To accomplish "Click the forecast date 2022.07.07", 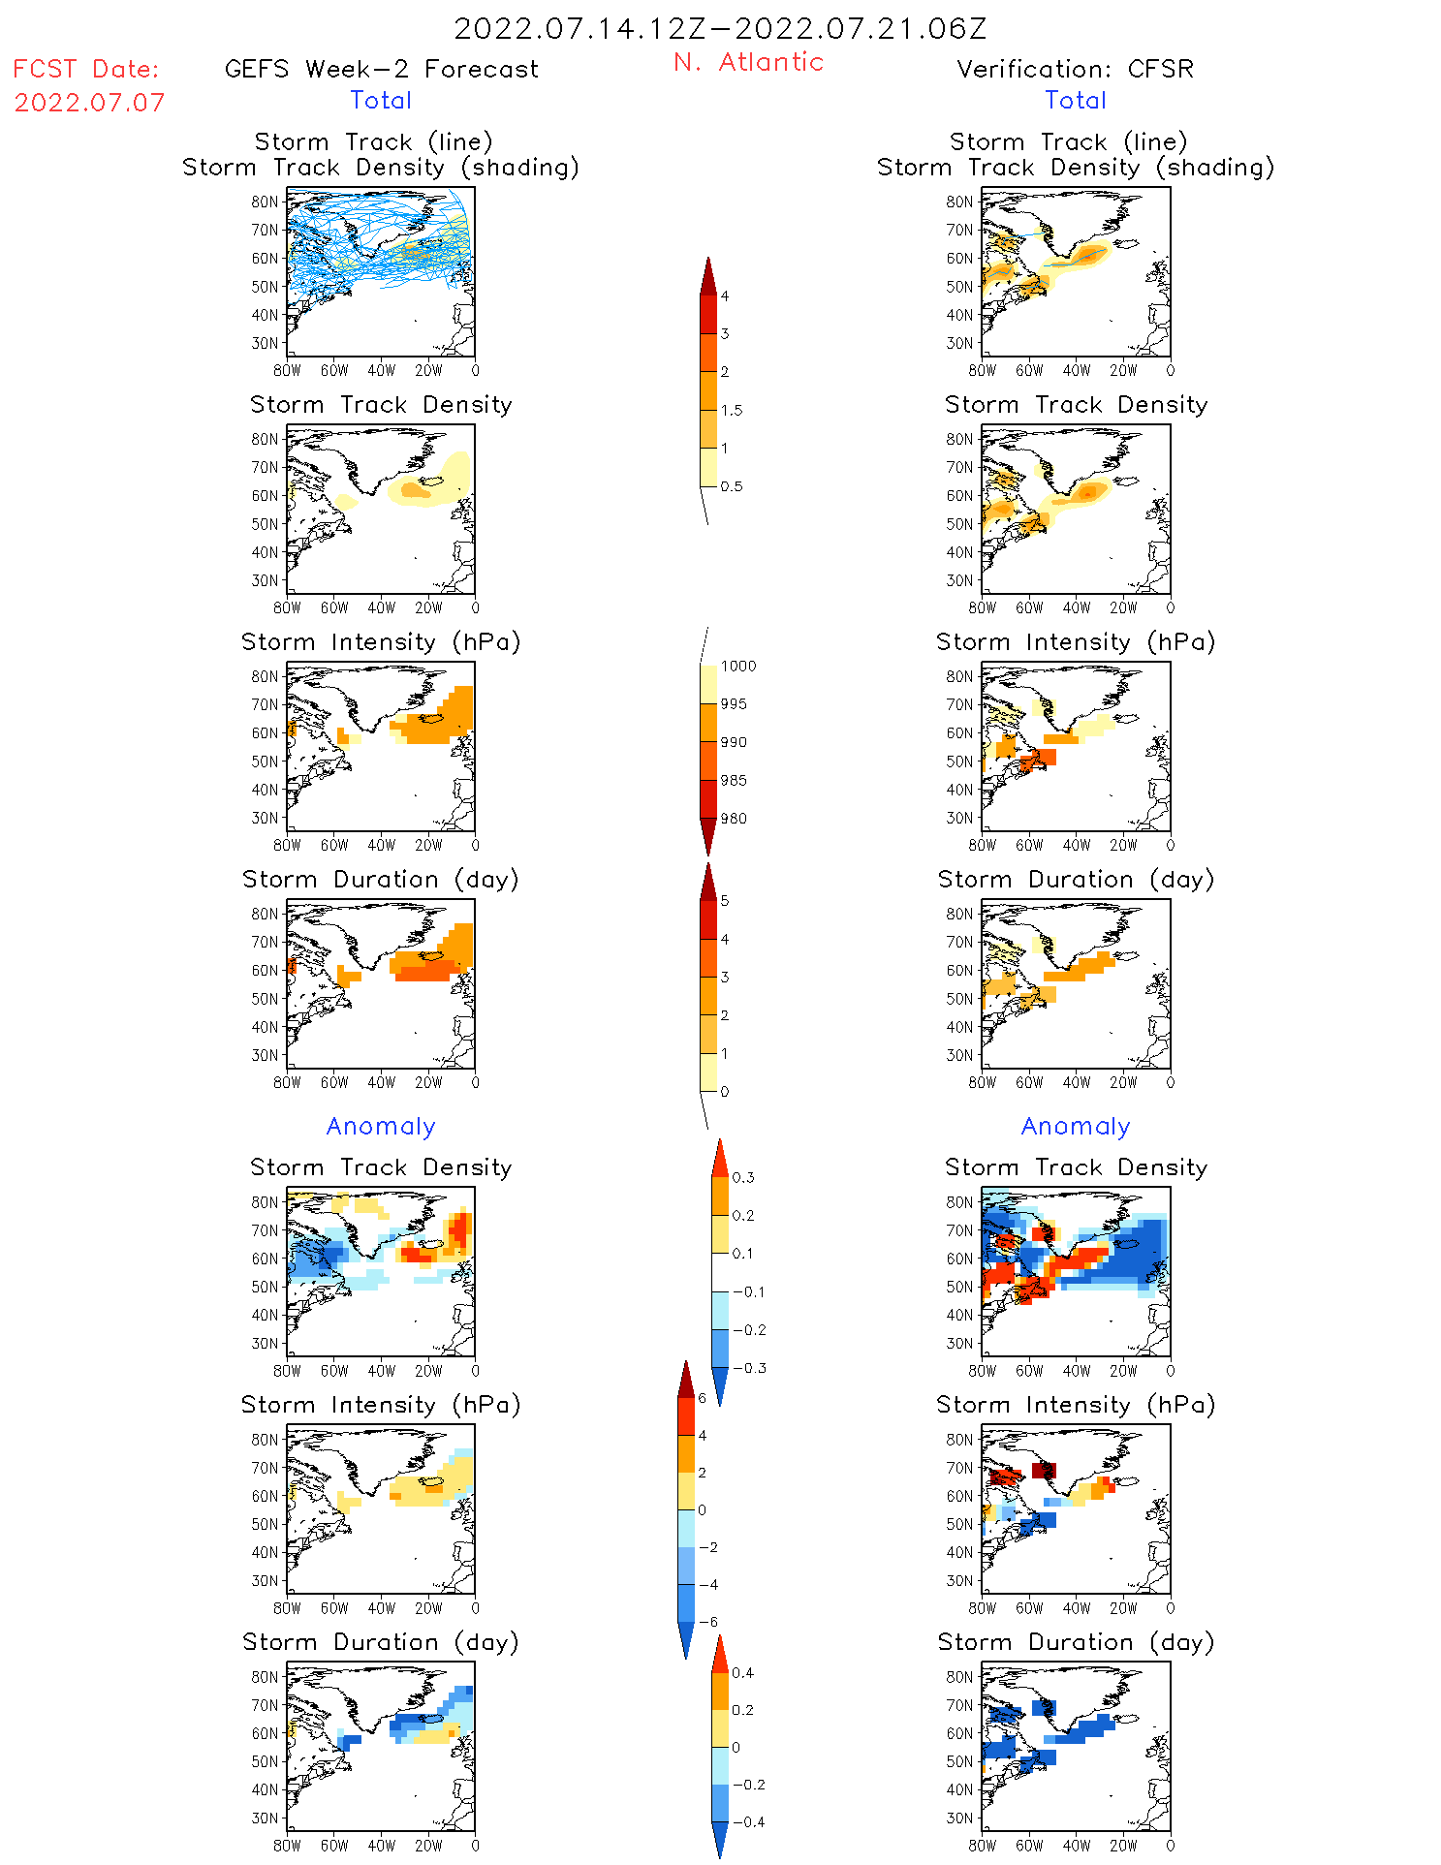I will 89,103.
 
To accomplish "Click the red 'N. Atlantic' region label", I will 748,62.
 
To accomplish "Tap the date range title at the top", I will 720,28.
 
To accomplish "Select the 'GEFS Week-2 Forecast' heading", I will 381,69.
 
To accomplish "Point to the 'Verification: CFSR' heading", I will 1075,69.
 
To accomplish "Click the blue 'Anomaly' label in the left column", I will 381,1126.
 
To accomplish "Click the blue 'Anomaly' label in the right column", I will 1076,1126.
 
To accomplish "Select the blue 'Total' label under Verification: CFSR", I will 1076,100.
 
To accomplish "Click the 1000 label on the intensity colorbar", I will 738,666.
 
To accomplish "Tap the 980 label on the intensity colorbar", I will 734,819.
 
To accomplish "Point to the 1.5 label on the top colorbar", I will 732,410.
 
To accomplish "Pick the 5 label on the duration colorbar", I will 725,901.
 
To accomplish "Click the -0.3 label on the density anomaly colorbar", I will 748,1368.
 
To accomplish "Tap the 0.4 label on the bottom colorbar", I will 742,1672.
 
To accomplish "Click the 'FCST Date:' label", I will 86,69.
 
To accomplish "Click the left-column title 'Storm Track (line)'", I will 373,141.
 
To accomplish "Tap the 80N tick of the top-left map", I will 265,202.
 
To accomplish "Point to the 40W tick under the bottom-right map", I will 1076,1846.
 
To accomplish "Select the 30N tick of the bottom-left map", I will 265,1818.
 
